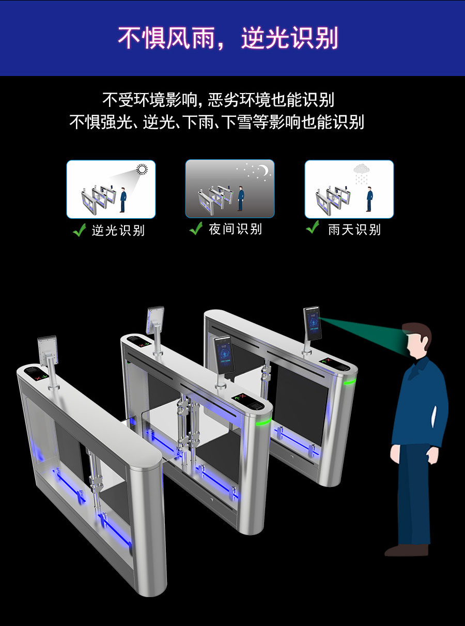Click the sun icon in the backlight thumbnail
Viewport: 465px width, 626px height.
(142, 169)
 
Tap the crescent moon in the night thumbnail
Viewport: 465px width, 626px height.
(265, 170)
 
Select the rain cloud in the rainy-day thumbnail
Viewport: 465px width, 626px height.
(362, 169)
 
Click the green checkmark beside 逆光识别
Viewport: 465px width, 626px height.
(79, 230)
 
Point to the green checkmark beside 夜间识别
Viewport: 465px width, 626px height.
(196, 228)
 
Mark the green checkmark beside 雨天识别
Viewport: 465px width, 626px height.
(313, 227)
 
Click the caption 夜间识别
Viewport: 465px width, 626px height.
(236, 229)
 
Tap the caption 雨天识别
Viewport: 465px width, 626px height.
(354, 230)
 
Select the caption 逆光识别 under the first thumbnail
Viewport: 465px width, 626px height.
(118, 231)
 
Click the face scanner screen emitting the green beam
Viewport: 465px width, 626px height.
(312, 324)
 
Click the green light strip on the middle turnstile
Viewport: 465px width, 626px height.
(264, 422)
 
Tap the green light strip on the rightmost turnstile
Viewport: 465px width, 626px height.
(350, 382)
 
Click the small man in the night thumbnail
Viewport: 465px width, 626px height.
(240, 199)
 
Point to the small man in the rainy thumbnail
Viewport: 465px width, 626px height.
(369, 199)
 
